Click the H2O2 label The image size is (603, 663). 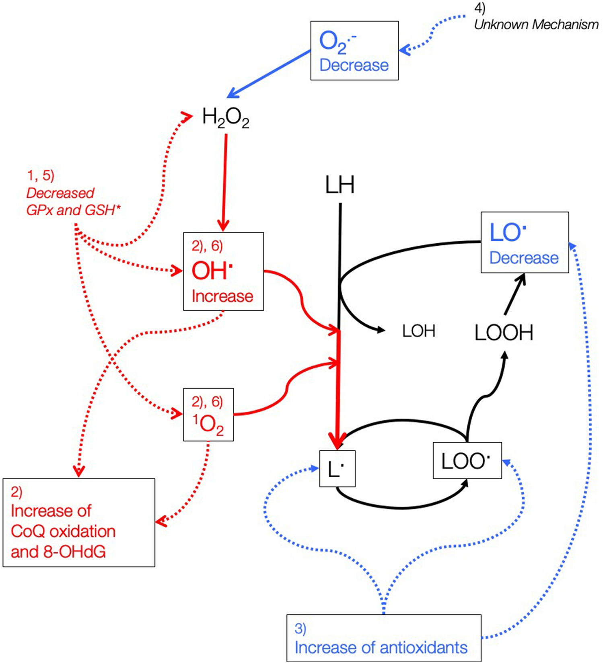(225, 118)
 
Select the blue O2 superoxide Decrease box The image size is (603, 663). (354, 51)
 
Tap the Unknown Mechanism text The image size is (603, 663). (536, 25)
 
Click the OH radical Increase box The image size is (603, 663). (223, 271)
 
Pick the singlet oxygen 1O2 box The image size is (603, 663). (208, 415)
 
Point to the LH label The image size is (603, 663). (340, 185)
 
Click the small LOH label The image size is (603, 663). (418, 331)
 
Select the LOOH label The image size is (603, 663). (504, 333)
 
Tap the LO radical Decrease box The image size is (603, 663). (525, 242)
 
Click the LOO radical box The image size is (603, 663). (467, 461)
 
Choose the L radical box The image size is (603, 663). (337, 469)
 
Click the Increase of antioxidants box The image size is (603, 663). (384, 638)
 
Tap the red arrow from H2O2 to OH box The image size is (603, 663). (224, 181)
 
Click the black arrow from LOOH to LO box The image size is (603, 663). (515, 294)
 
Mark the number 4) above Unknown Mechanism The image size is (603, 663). (480, 8)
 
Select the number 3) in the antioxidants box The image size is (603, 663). (300, 628)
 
